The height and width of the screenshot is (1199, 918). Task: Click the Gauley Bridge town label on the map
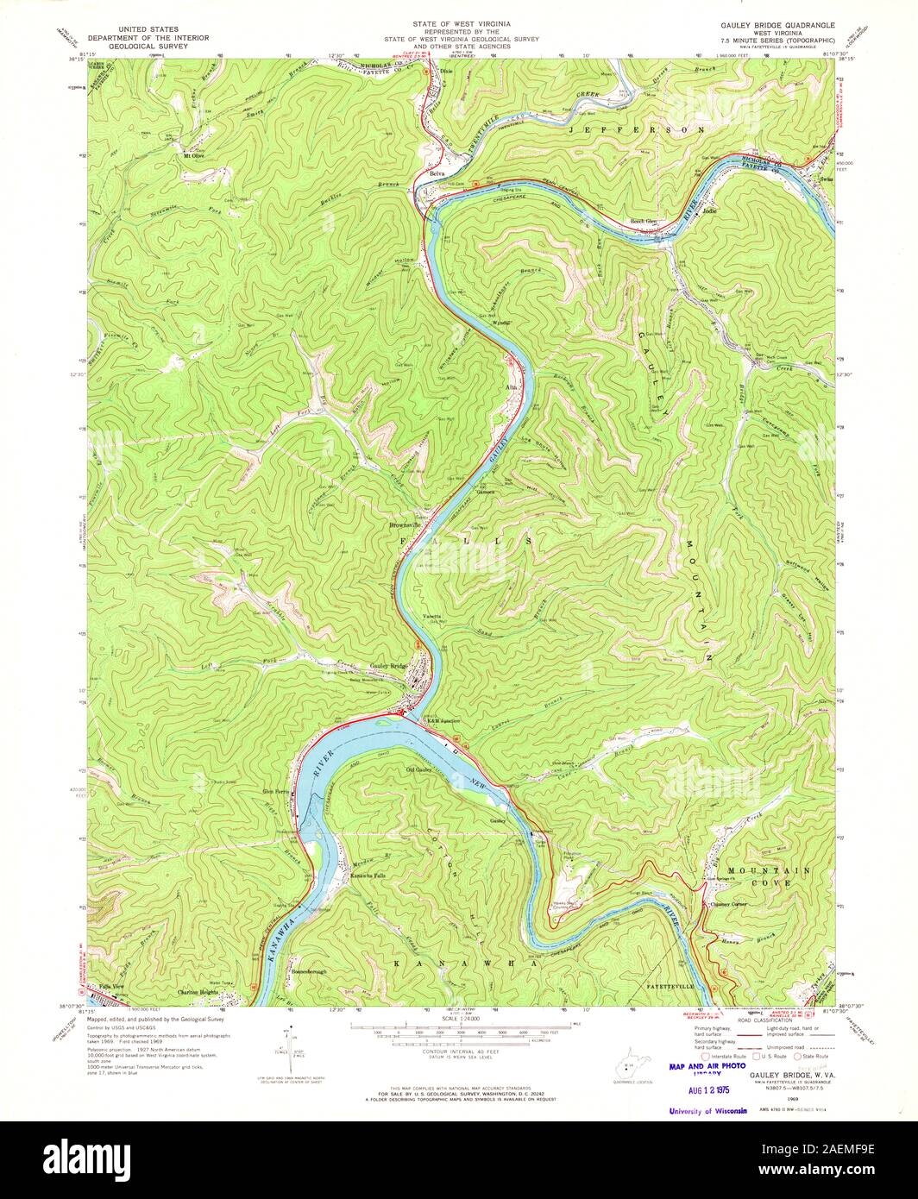388,667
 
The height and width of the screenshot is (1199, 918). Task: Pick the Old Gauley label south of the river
418,769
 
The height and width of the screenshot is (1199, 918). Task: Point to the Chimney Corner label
733,904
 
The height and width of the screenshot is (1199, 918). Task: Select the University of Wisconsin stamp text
708,1110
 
